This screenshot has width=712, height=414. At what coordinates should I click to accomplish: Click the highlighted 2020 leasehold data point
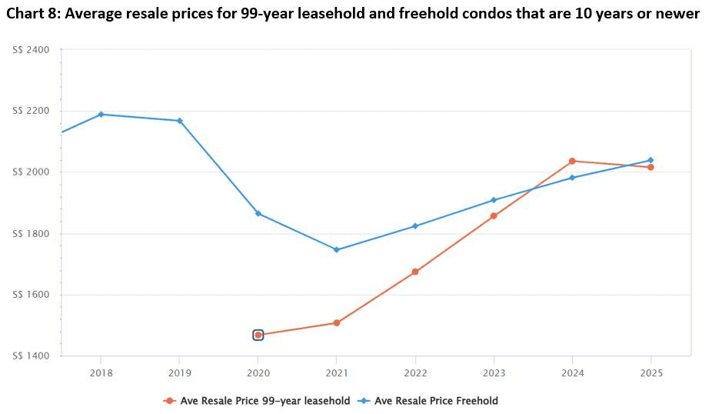tap(258, 335)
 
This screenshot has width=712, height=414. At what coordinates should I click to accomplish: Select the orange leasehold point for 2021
tap(336, 322)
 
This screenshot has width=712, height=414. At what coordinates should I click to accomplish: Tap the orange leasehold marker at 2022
tap(415, 272)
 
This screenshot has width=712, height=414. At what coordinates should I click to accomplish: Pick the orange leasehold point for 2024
tap(572, 161)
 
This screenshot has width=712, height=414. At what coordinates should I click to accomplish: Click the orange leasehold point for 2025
tap(650, 167)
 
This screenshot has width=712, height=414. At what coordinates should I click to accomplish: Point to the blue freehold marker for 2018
tap(101, 115)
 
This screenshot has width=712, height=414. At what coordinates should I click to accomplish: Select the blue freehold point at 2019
tap(179, 121)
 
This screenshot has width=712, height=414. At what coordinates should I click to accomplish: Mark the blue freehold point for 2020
tap(258, 213)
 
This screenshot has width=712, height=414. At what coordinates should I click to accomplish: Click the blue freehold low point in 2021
tap(336, 249)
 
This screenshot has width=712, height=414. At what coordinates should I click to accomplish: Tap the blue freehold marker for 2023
tap(494, 200)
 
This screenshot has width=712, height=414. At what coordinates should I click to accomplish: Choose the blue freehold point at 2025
tap(650, 160)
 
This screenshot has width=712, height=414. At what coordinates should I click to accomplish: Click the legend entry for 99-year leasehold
tap(257, 400)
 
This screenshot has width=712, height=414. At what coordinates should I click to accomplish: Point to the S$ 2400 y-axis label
tap(31, 50)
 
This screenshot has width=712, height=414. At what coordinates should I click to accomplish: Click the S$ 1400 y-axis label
tap(31, 356)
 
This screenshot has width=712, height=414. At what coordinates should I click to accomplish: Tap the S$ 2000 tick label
tap(31, 172)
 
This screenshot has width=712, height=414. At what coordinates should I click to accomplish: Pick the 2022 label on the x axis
tap(415, 373)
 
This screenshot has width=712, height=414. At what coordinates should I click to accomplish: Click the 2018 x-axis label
tap(101, 373)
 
